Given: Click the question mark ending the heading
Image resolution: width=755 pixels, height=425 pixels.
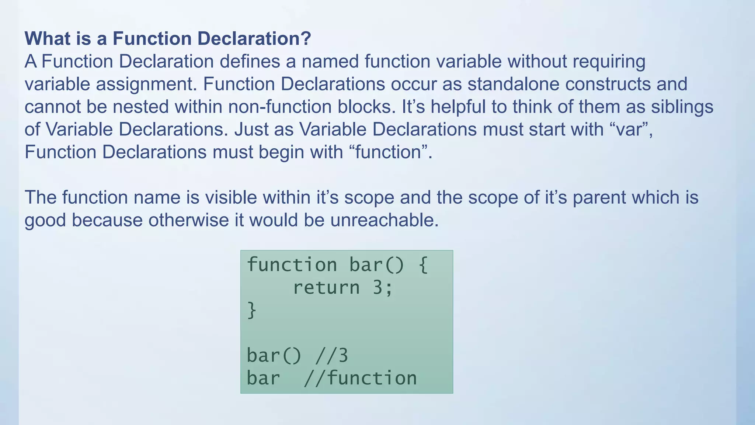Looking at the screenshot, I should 306,38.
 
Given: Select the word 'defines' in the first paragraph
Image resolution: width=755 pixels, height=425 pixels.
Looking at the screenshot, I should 250,61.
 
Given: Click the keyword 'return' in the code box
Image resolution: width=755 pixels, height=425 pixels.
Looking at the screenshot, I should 326,287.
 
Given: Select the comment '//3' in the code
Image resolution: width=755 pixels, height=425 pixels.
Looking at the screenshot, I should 332,356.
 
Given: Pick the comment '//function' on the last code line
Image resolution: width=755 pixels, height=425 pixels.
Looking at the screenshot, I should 360,379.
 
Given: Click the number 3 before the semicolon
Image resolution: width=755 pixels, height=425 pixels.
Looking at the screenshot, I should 377,287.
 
